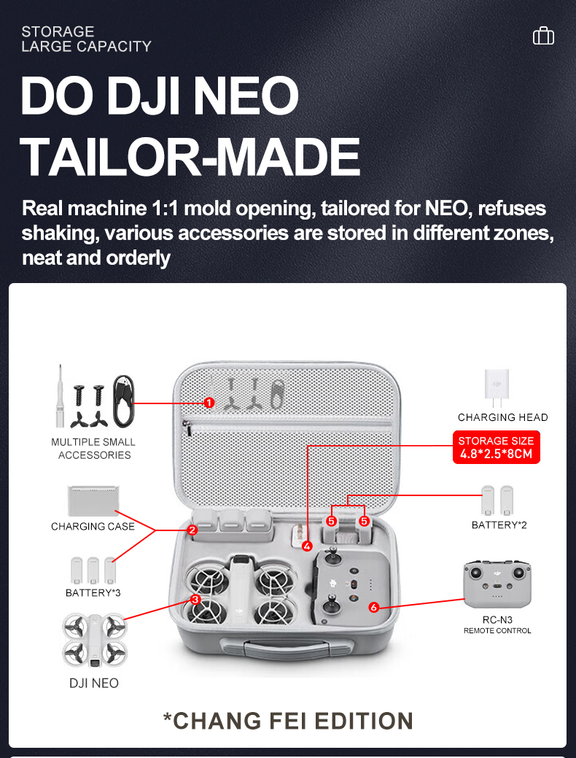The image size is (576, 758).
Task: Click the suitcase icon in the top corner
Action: tap(543, 36)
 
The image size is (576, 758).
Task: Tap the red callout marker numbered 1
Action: tap(209, 402)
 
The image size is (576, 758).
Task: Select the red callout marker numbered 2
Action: tap(192, 530)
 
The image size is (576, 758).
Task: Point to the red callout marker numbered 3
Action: tap(195, 599)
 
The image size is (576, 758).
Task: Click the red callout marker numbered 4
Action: tap(307, 545)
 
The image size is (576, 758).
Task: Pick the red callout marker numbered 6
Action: tap(373, 607)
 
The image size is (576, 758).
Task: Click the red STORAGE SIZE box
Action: tap(496, 447)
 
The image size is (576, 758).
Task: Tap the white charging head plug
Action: tap(497, 387)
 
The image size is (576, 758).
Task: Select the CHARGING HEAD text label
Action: tap(502, 417)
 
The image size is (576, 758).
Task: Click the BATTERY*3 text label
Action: tap(93, 592)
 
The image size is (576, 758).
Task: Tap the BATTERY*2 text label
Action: tap(499, 525)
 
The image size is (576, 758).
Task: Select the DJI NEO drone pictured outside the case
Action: tap(93, 640)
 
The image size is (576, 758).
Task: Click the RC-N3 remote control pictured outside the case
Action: tap(497, 584)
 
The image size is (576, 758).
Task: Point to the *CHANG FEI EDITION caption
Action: tap(287, 720)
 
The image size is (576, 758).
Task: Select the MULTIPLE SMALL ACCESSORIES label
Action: tap(93, 449)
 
